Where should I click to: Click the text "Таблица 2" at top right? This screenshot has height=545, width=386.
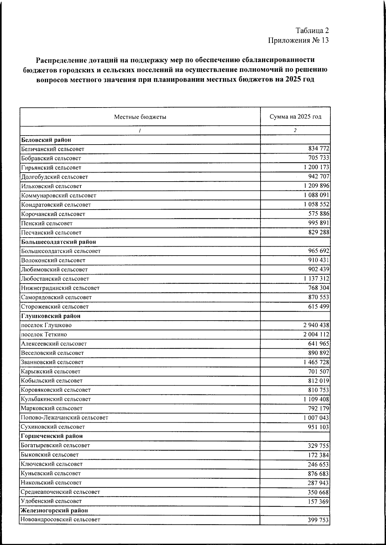(x=312, y=31)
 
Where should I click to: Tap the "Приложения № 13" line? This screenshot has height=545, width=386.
(x=298, y=41)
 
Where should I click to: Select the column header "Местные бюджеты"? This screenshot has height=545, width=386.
(x=140, y=117)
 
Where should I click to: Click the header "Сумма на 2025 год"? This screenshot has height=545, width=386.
(x=295, y=117)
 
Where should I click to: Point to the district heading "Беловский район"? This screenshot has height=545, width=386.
(x=46, y=140)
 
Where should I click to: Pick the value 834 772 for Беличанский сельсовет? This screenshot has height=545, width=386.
(x=318, y=149)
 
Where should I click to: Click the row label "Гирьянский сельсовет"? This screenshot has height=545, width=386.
(x=51, y=168)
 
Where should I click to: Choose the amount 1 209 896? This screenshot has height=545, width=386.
(x=316, y=186)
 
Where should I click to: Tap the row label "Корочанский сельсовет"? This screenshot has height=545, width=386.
(x=53, y=214)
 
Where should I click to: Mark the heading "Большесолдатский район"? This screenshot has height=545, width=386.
(x=59, y=242)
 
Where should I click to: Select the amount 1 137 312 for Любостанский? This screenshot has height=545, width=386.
(x=316, y=279)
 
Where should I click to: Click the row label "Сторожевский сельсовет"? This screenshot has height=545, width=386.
(x=55, y=307)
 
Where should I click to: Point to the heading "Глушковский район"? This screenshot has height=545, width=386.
(x=51, y=316)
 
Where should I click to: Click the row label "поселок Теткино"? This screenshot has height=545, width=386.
(x=44, y=334)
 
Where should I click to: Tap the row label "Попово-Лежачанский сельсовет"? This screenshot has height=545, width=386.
(x=64, y=418)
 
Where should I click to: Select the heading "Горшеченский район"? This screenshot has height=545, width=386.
(x=52, y=436)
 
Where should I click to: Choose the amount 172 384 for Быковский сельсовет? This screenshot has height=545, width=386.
(x=318, y=455)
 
